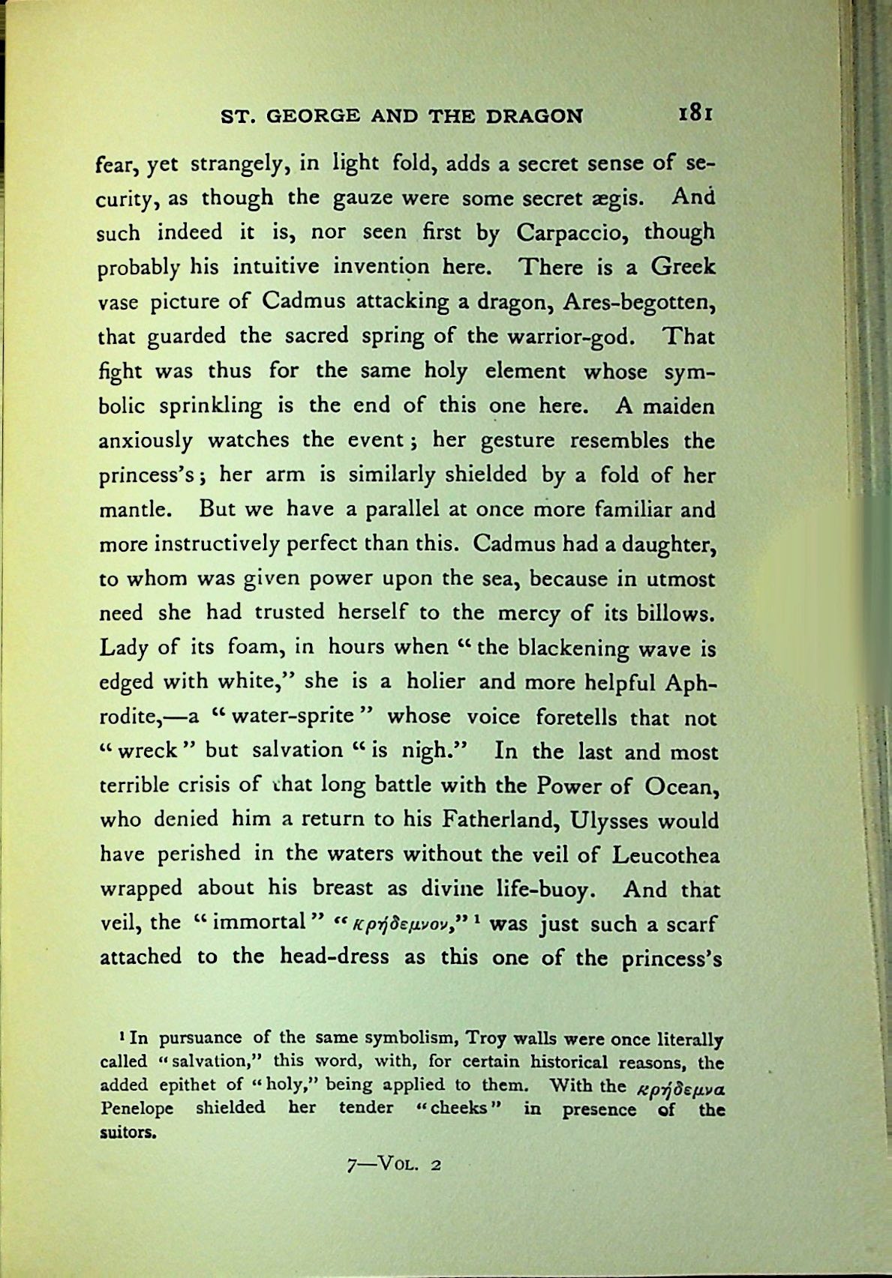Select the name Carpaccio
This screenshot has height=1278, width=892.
(x=572, y=233)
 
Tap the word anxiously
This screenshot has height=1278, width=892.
(x=146, y=441)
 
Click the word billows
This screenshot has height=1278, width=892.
(x=677, y=613)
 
